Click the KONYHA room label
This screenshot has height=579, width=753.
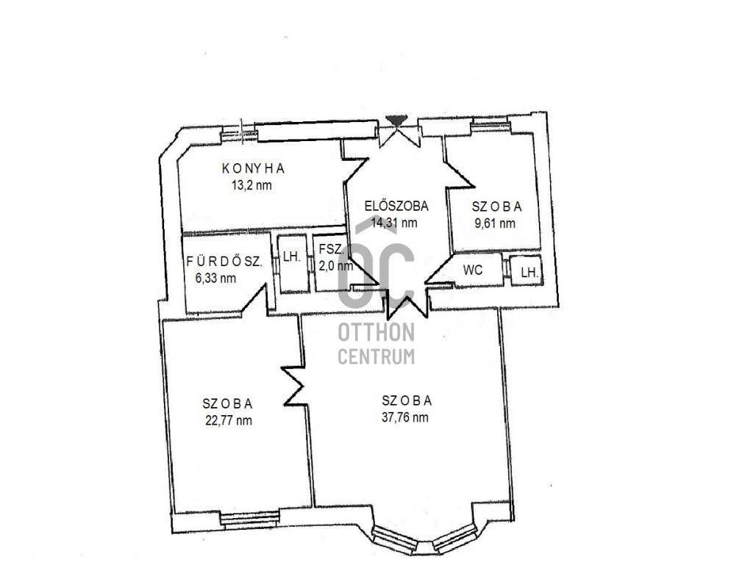click(253, 168)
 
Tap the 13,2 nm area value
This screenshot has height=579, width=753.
click(251, 185)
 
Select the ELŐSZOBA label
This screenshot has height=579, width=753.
click(396, 206)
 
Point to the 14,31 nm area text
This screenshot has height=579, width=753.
click(394, 223)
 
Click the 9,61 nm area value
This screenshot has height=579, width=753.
click(495, 223)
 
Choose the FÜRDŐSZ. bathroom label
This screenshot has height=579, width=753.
click(224, 262)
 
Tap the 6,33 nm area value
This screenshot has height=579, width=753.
click(215, 278)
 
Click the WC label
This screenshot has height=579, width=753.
click(473, 270)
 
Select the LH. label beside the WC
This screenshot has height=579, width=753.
click(529, 273)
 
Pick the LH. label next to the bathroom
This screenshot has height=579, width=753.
click(291, 256)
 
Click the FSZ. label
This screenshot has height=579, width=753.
click(332, 249)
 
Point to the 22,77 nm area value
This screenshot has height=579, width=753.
click(229, 421)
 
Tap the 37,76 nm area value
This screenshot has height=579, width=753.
click(405, 417)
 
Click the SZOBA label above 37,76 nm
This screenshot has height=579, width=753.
click(407, 400)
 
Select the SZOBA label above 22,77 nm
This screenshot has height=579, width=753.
click(227, 403)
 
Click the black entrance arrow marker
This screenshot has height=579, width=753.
click(396, 120)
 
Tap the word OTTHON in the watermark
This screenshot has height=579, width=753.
click(376, 332)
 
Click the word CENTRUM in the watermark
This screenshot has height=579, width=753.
click(376, 357)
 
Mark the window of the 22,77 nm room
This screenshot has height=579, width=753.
click(249, 519)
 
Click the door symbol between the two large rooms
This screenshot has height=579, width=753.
click(293, 386)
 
